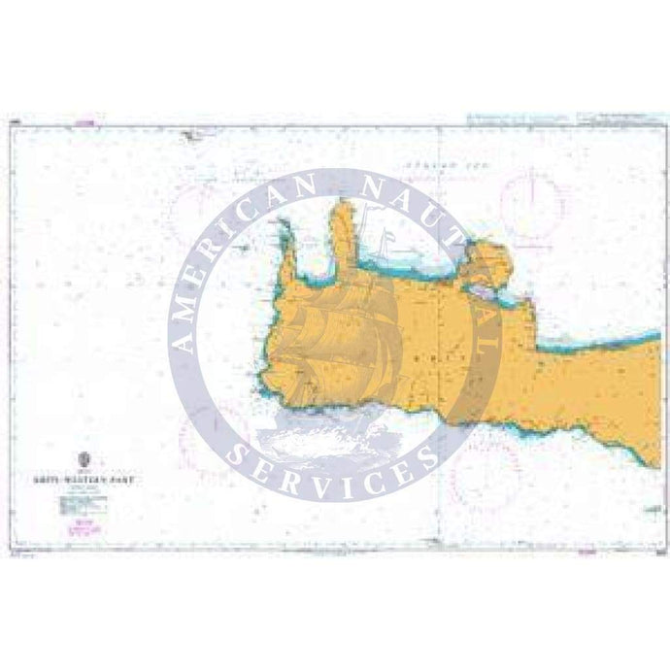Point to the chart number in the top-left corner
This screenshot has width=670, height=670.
(12, 123)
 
